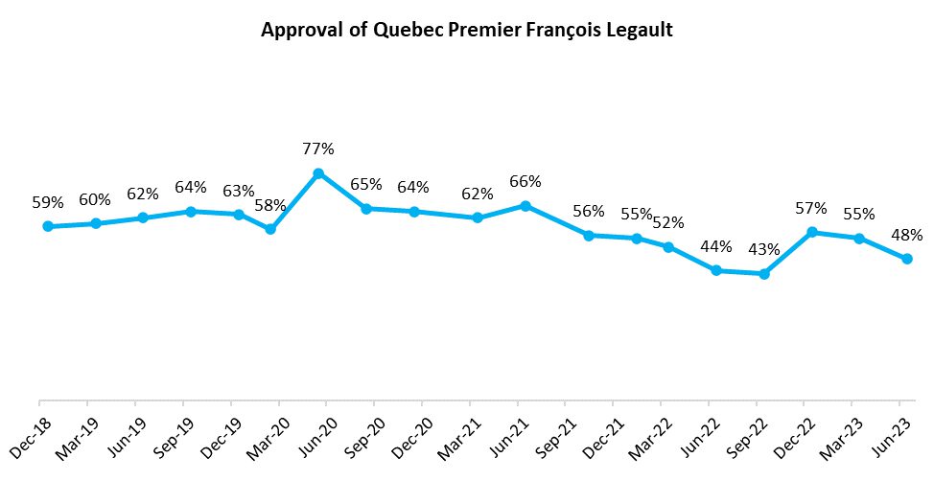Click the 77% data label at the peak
coord(318,149)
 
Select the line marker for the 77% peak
coord(318,173)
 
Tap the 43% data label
coord(763,250)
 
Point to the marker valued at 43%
coord(763,274)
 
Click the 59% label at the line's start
coord(47,202)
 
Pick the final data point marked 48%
coord(907,259)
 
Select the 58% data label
coord(270,205)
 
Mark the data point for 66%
coord(525,205)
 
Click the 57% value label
coord(811,208)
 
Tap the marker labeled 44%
coord(715,270)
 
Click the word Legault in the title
coord(640,31)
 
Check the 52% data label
coord(668,222)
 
